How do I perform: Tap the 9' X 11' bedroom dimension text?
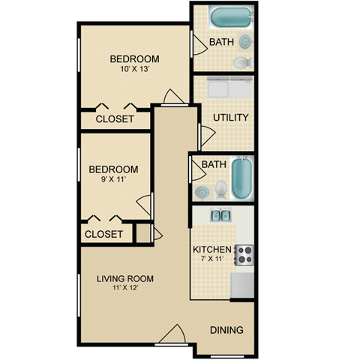click(113, 181)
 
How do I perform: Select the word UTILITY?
click(230, 118)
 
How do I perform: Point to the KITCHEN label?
click(211, 249)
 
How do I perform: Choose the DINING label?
click(226, 330)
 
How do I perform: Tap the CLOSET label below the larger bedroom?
click(115, 119)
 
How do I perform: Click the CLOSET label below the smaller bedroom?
click(103, 234)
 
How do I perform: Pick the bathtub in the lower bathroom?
click(241, 178)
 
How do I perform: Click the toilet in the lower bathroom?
click(221, 187)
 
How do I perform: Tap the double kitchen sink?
click(220, 217)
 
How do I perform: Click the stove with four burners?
click(244, 255)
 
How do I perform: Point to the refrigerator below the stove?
click(242, 285)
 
